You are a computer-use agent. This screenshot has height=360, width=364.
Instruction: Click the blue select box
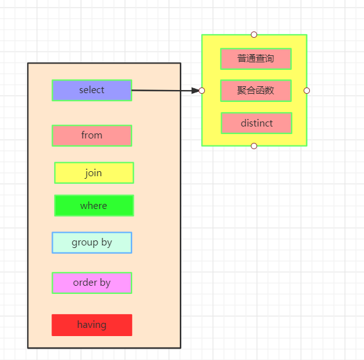[92, 90]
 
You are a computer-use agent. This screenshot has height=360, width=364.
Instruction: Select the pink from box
[92, 135]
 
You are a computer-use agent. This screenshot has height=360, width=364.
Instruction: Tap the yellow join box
[94, 172]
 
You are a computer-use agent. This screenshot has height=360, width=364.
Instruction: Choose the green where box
[94, 205]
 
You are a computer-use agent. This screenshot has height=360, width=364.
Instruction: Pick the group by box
[92, 242]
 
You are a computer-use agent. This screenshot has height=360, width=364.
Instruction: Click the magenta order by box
[92, 283]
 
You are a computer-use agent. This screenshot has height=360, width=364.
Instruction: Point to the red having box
[92, 325]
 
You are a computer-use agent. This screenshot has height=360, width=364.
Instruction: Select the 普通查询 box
[256, 59]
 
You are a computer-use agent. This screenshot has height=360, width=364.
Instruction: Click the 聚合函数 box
[256, 91]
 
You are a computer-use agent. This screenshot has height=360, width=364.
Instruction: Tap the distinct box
[256, 123]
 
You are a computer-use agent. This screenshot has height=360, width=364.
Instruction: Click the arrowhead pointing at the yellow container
[196, 91]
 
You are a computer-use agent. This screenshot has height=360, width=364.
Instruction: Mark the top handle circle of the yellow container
[254, 35]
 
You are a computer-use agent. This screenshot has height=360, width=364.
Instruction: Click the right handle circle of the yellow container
[307, 91]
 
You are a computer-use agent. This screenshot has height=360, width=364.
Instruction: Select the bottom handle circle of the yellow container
[254, 146]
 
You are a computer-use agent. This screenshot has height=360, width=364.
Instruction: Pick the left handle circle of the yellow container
[202, 91]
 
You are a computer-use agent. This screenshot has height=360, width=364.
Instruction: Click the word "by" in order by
[105, 283]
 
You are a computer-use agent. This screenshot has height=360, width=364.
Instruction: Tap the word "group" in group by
[85, 243]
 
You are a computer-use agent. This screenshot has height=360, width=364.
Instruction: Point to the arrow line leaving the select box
[165, 91]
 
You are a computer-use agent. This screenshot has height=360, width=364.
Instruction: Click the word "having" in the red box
[92, 325]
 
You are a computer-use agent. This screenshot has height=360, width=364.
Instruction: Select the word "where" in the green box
[94, 206]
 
